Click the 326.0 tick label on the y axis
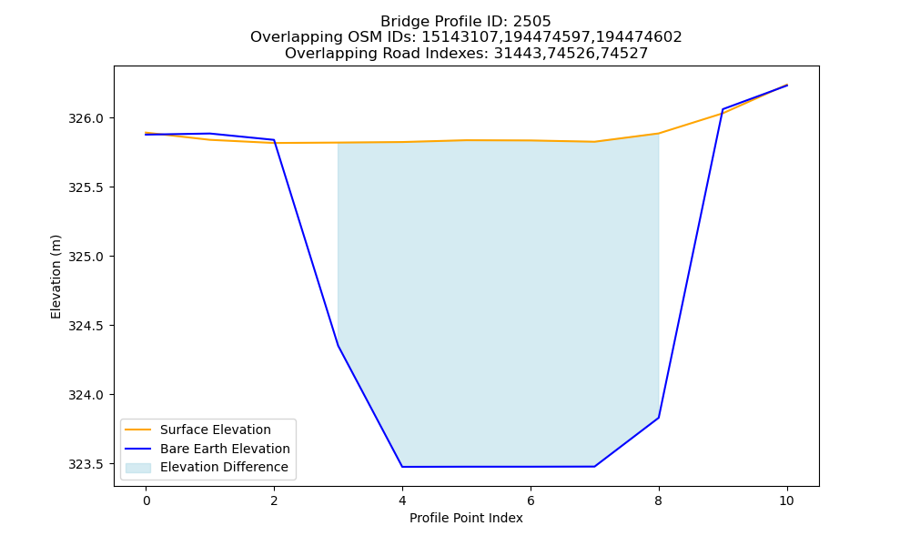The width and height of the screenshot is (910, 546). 86,118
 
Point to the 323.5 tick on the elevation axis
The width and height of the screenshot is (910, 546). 86,464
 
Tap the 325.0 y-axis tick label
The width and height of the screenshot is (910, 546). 86,257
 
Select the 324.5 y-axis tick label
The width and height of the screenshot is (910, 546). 86,326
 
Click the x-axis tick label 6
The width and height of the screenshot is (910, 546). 531,500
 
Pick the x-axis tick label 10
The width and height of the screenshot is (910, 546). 786,500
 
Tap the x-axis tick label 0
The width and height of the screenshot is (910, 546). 147,500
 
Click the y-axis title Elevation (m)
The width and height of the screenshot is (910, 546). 56,277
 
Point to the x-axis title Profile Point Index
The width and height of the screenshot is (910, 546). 466,518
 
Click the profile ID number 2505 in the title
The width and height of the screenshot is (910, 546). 531,22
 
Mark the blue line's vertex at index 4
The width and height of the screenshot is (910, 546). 402,467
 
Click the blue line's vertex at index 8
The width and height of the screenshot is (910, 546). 659,418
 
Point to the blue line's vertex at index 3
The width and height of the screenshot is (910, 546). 338,346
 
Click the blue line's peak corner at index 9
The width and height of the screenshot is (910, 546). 723,109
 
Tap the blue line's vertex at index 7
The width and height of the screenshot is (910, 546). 594,467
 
